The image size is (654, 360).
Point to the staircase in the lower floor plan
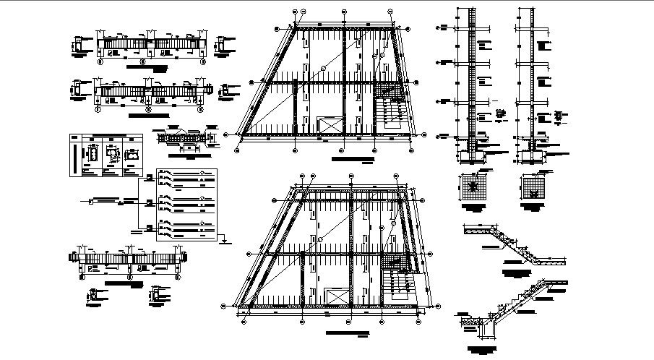(x=399, y=283)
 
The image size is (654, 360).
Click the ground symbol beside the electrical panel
(x=225, y=241)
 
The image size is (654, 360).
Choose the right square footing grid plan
(x=533, y=187)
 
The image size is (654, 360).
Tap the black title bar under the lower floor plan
(x=347, y=335)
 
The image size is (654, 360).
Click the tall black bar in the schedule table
(x=74, y=155)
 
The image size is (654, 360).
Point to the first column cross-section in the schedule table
(x=93, y=155)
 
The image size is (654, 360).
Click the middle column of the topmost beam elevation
(x=150, y=45)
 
